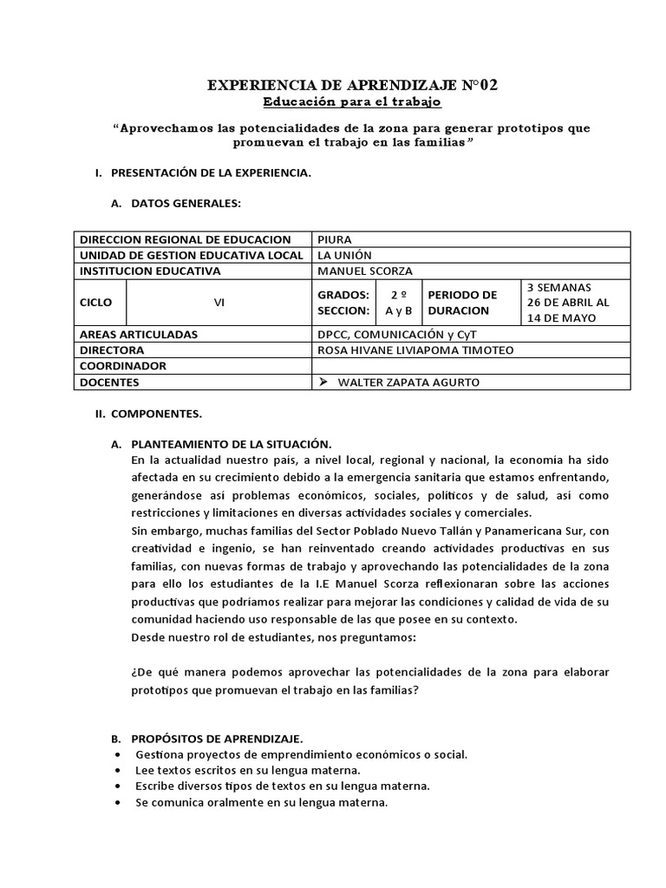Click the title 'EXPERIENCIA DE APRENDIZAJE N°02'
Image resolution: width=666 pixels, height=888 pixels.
point(353,85)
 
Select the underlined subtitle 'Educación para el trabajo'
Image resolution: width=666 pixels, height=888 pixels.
point(352,102)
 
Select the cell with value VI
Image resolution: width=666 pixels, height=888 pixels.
point(219,304)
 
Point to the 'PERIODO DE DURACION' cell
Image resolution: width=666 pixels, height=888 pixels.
point(468,303)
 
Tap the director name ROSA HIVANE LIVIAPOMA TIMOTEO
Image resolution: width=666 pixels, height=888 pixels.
point(416,349)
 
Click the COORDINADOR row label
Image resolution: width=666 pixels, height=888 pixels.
point(122,366)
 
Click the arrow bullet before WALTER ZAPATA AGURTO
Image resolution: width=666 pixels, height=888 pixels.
point(324,382)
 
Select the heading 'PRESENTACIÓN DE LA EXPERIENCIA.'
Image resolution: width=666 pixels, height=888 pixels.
point(211,173)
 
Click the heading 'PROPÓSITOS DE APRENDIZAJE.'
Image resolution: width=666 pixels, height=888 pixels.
point(217,739)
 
